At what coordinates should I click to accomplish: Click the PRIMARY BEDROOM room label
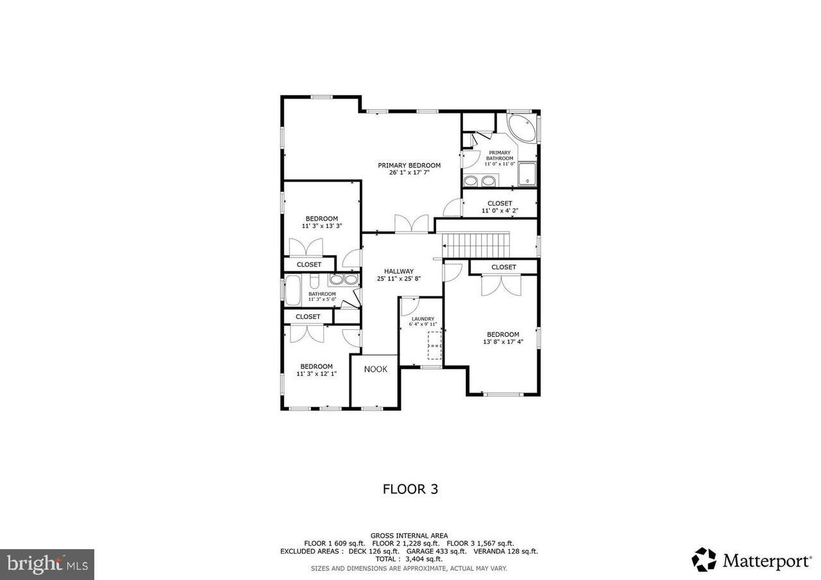point(409,166)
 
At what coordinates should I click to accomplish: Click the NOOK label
point(375,370)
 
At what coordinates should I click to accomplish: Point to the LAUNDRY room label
point(423,319)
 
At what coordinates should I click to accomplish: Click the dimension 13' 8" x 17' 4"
point(503,342)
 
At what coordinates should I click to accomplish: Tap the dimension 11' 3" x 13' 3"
point(321,226)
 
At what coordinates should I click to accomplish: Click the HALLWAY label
point(398,271)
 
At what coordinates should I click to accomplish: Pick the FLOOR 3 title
point(410,489)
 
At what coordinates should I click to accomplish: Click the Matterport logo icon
point(704,559)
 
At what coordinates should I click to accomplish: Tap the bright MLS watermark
point(47,565)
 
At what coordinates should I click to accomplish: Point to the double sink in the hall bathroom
point(344,280)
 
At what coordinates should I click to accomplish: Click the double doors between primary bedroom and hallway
point(411,224)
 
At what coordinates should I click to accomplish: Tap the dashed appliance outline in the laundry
point(434,345)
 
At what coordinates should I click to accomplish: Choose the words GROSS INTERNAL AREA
point(409,536)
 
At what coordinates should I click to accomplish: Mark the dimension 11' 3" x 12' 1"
point(316,373)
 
